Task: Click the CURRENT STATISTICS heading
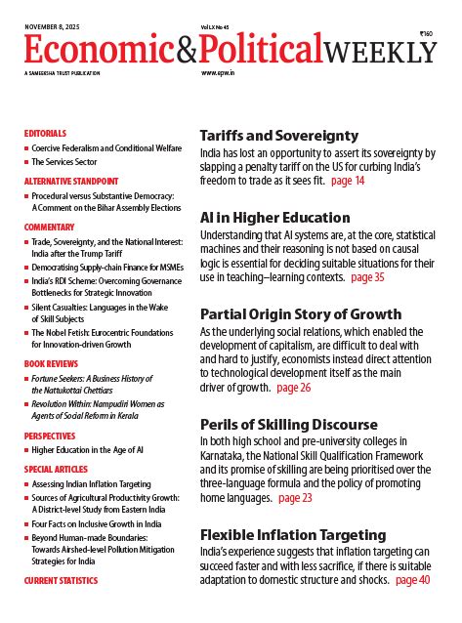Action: click(x=61, y=580)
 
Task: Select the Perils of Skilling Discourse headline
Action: click(x=288, y=425)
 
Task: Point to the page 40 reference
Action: click(x=411, y=579)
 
